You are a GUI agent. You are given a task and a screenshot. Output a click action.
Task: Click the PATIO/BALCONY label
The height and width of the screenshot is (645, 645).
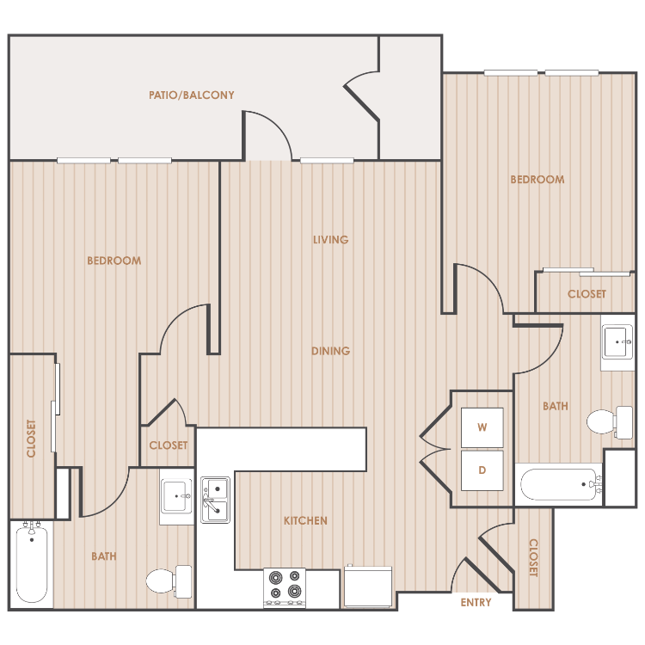click(191, 95)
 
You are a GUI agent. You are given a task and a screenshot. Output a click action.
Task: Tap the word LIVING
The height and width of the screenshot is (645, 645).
click(331, 239)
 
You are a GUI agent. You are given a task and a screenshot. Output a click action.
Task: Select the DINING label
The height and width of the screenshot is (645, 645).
click(331, 351)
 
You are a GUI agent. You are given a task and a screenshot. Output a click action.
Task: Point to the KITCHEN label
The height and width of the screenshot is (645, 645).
click(305, 521)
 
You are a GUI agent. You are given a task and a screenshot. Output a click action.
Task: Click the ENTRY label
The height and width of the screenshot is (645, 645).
click(476, 602)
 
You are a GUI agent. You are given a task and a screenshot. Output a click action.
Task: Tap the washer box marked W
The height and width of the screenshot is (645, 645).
click(482, 427)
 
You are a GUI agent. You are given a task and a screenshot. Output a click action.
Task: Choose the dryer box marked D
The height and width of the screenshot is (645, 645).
click(482, 470)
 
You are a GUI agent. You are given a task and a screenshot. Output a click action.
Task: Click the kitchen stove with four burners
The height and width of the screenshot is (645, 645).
click(285, 587)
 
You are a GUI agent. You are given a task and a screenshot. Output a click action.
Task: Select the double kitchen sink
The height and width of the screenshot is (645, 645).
click(215, 500)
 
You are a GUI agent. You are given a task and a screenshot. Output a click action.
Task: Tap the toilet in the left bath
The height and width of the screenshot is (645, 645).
click(169, 581)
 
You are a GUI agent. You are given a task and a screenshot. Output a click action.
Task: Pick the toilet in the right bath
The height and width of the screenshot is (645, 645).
click(610, 422)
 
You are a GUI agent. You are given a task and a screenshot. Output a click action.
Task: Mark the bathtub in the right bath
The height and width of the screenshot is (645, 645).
click(560, 484)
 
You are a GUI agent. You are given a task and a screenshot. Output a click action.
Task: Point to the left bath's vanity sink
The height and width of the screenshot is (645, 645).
click(176, 496)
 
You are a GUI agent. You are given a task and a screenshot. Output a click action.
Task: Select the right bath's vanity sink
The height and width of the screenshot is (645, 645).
click(617, 341)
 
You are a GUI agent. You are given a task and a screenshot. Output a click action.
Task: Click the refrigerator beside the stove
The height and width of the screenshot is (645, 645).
click(368, 587)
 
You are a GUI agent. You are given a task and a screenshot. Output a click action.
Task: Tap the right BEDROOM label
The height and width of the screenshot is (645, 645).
click(537, 180)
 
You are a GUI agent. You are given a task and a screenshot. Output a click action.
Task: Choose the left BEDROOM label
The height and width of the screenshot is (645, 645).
click(114, 261)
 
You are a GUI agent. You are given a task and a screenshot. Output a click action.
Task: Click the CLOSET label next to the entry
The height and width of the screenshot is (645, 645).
click(533, 558)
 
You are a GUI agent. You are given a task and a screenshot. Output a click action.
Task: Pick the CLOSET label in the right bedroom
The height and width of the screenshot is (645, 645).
click(587, 294)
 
